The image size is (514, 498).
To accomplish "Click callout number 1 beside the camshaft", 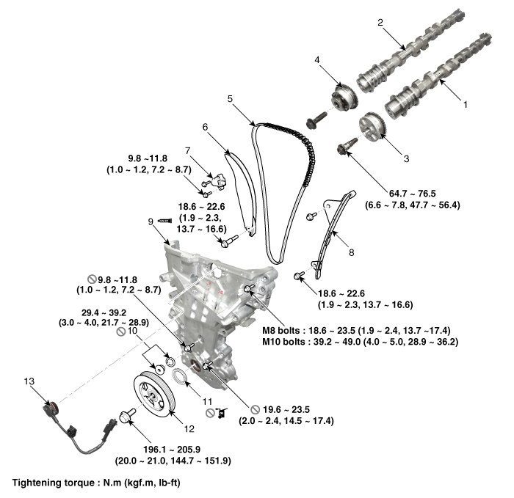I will (464, 105).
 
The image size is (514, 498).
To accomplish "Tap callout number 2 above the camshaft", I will (381, 23).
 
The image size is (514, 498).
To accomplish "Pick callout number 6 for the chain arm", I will (205, 126).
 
